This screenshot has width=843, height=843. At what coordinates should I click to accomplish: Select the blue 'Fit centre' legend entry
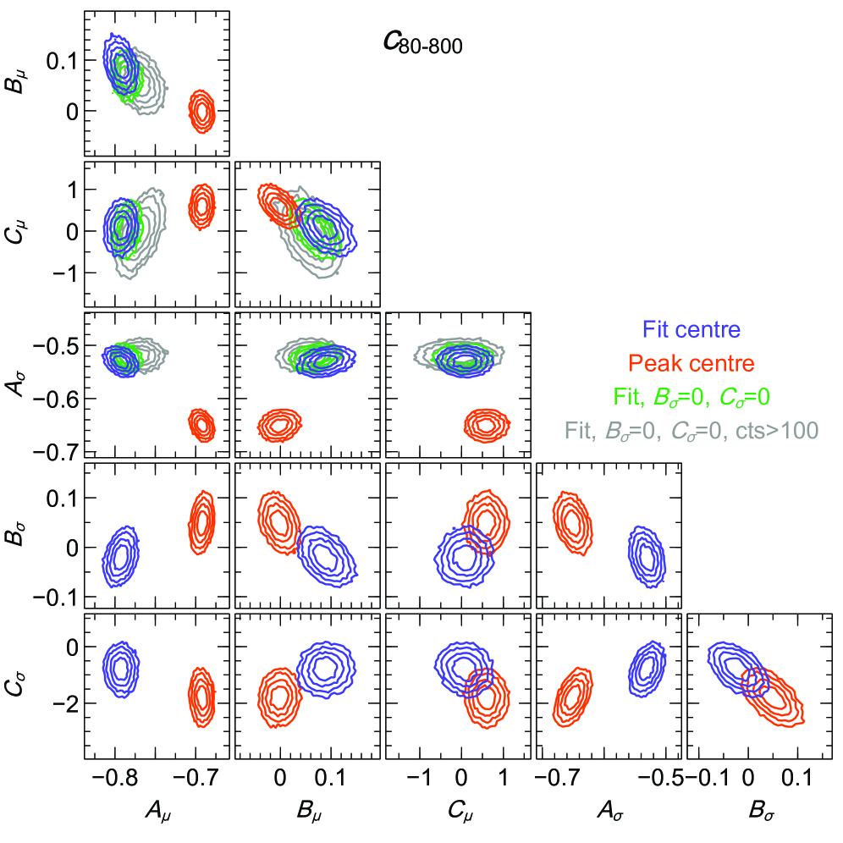[692, 328]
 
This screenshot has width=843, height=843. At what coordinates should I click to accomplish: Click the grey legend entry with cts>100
[692, 430]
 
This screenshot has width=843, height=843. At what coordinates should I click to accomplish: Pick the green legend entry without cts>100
[692, 395]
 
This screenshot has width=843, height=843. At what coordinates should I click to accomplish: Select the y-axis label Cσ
[19, 686]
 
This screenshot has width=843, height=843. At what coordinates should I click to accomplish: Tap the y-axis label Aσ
[19, 386]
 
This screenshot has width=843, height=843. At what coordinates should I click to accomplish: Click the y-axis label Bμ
[19, 85]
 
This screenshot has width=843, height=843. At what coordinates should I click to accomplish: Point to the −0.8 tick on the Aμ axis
[115, 776]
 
